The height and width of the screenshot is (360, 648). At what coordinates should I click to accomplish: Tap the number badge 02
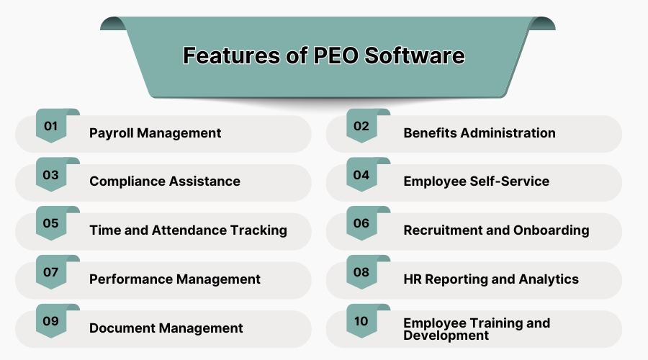click(361, 127)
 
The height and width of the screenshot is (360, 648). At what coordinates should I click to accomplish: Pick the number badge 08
click(361, 273)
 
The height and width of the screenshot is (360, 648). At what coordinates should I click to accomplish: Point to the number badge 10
click(361, 321)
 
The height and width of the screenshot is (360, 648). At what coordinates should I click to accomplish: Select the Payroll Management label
click(155, 133)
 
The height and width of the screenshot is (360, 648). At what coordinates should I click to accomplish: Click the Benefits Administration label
click(479, 133)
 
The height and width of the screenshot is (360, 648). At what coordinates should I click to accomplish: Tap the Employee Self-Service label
click(476, 181)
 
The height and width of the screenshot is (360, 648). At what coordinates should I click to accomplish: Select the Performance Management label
click(174, 279)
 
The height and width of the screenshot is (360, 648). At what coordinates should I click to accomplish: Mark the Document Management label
click(166, 328)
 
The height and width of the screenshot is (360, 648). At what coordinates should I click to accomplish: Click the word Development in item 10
click(446, 336)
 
